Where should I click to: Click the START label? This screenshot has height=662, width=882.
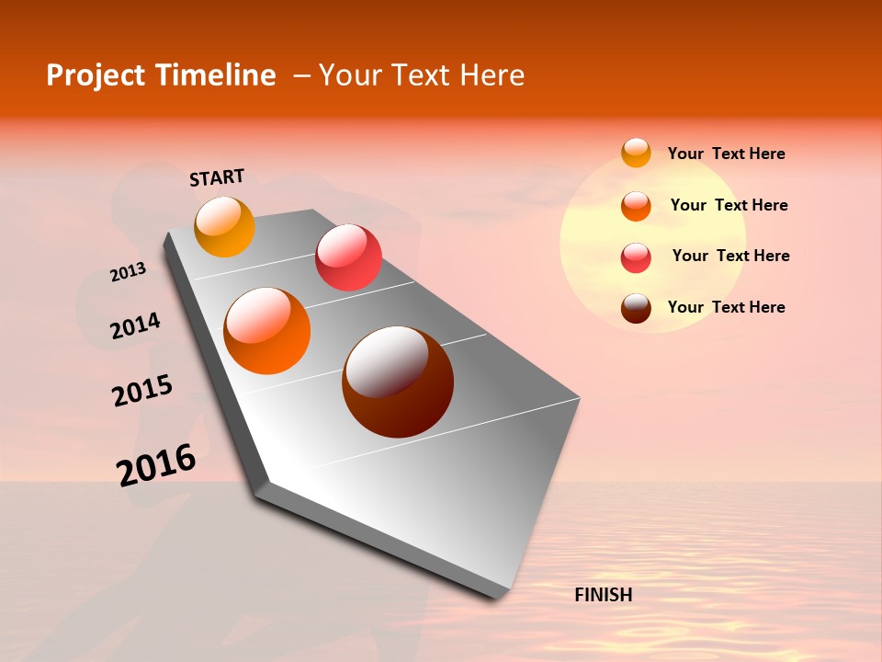click(217, 177)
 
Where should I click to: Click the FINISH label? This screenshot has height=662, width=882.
click(603, 595)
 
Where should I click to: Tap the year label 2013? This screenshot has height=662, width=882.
click(128, 272)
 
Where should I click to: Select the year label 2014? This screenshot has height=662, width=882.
click(136, 325)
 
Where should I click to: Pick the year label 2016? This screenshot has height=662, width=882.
click(156, 465)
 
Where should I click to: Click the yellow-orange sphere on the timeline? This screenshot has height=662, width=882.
click(224, 226)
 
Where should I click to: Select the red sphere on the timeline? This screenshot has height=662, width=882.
click(348, 257)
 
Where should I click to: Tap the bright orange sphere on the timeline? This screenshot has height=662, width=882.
click(267, 331)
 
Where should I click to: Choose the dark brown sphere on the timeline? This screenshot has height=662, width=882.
click(398, 382)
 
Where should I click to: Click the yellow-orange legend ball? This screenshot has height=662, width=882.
click(636, 153)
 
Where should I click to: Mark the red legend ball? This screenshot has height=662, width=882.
click(636, 257)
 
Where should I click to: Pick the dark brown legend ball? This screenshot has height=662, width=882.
click(636, 308)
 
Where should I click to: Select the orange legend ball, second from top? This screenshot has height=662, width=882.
click(636, 206)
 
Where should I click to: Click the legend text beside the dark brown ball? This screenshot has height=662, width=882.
click(726, 307)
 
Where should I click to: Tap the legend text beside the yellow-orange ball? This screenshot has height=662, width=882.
click(726, 154)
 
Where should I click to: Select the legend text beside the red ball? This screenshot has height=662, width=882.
click(730, 256)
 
